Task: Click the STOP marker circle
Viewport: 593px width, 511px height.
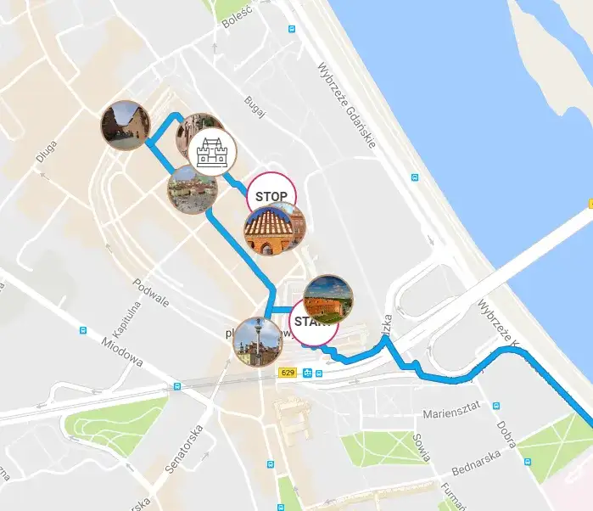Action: [271, 194]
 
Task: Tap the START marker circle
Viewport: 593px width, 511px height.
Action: [314, 322]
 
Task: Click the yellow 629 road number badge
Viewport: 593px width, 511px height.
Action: [288, 373]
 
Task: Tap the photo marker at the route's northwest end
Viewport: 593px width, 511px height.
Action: [125, 126]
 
